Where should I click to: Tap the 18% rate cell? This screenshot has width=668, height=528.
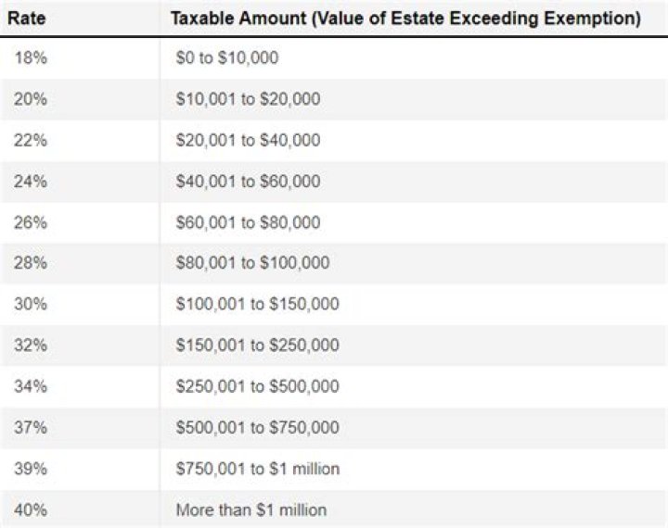click(x=31, y=57)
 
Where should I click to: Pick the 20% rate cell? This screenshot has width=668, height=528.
click(x=31, y=99)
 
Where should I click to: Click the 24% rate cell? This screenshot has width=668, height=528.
click(x=31, y=182)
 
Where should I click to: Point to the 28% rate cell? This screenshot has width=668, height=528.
click(x=31, y=263)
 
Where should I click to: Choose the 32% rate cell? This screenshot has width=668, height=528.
click(x=31, y=346)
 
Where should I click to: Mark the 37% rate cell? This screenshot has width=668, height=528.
click(x=31, y=427)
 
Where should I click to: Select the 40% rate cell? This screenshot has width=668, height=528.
click(x=31, y=509)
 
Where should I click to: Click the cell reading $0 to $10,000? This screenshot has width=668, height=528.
click(x=226, y=57)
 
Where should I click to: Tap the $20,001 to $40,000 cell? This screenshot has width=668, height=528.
click(x=248, y=141)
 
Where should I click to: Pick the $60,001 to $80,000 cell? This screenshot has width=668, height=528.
click(x=248, y=222)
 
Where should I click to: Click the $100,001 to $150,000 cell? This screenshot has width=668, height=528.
click(x=257, y=304)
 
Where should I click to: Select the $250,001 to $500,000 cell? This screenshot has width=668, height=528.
click(x=257, y=386)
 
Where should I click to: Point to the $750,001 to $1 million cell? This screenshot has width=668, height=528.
click(x=258, y=469)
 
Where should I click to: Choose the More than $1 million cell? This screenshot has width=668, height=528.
click(x=250, y=509)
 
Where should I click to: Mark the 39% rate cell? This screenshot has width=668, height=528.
click(x=31, y=469)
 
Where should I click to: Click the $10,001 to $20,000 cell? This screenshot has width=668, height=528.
click(x=248, y=99)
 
